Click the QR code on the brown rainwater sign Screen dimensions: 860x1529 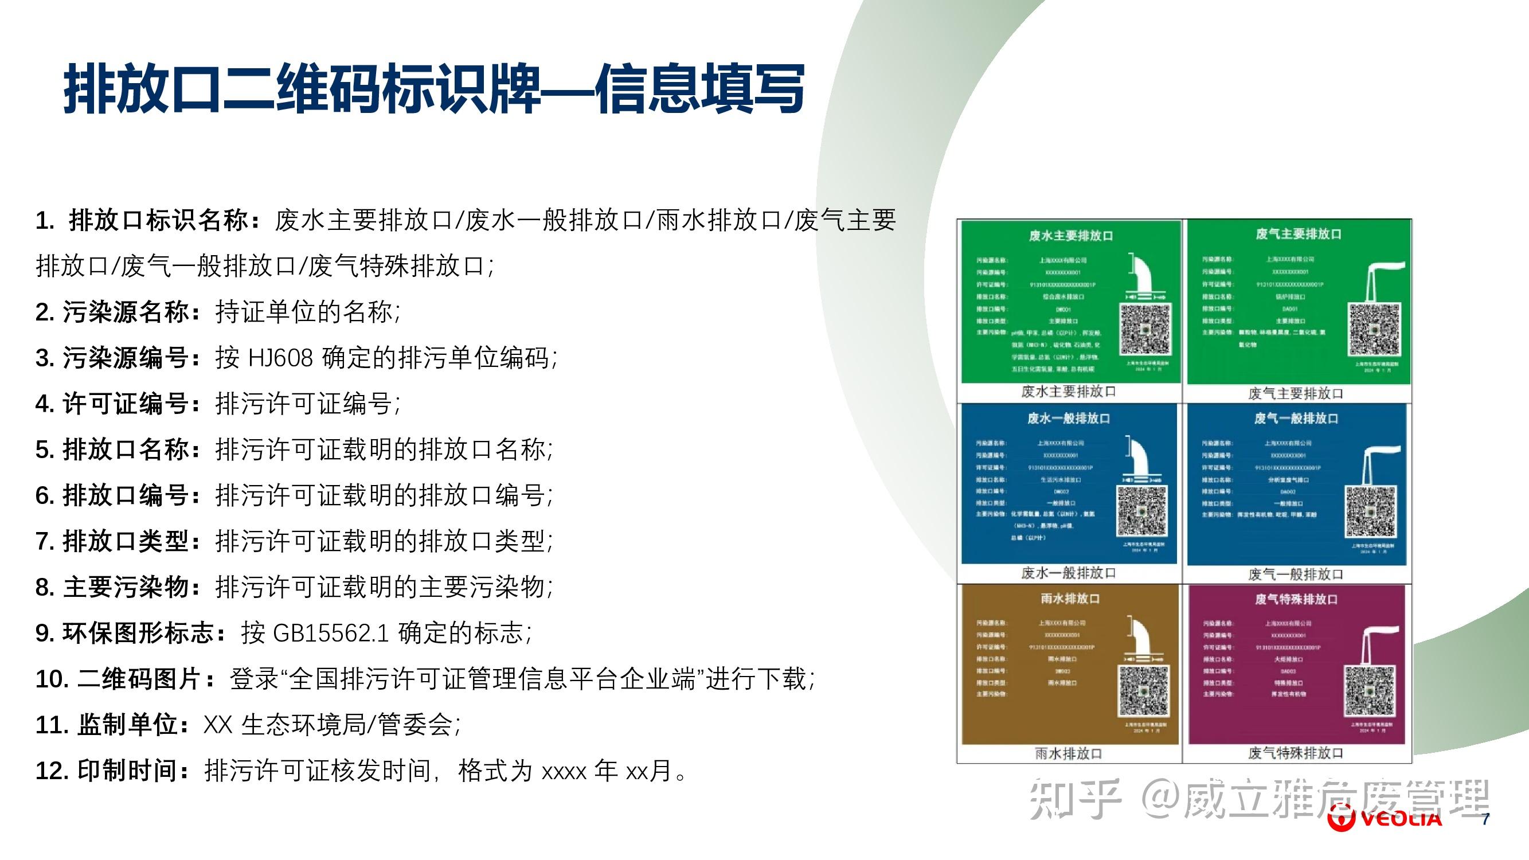(1144, 690)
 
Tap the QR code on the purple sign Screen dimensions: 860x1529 (1368, 691)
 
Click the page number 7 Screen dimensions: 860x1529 (1485, 819)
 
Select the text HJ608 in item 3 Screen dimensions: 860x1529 (280, 358)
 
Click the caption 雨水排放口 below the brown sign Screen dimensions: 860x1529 (1069, 754)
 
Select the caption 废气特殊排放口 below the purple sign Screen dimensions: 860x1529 (1295, 754)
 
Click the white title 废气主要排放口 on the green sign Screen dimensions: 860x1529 (1299, 234)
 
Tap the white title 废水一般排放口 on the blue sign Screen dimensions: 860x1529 (1069, 419)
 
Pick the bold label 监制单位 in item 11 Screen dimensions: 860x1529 (128, 725)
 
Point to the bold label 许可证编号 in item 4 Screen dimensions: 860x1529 (126, 404)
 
